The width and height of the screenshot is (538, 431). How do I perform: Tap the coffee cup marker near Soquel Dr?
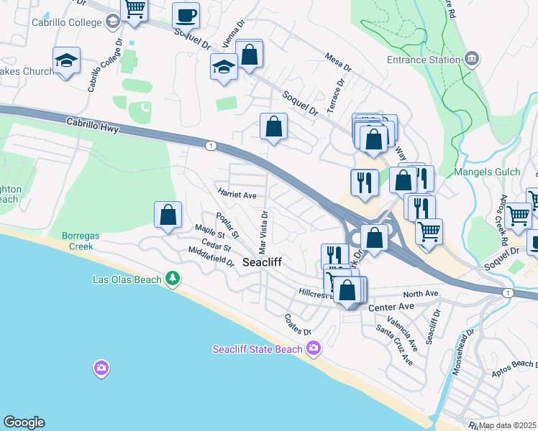[186, 14]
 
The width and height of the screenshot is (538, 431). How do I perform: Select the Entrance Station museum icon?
[472, 59]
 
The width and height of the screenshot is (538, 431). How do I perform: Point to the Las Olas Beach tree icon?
[172, 278]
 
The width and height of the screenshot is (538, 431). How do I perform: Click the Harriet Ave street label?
[237, 194]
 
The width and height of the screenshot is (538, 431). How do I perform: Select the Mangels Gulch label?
[484, 172]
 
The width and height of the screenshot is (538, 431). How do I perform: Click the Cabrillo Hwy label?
[91, 124]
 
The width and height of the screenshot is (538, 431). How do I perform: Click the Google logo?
[24, 422]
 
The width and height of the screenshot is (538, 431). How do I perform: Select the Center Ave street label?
[392, 307]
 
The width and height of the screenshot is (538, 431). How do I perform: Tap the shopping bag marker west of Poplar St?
[168, 214]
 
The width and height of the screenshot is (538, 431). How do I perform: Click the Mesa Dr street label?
[337, 63]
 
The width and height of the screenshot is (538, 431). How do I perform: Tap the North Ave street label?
[421, 294]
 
